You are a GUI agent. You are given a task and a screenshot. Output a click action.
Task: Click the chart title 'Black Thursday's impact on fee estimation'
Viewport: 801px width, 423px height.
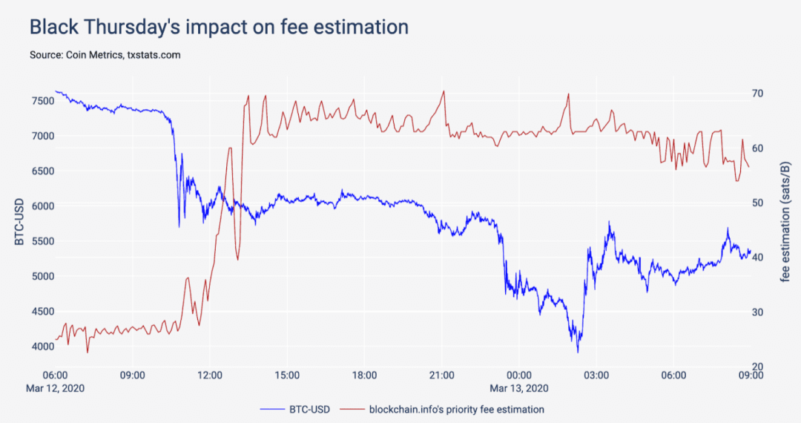click(219, 27)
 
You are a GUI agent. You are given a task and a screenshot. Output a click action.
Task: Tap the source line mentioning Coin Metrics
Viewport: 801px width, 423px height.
click(105, 55)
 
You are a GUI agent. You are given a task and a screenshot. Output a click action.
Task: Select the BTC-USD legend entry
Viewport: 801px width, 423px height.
click(294, 409)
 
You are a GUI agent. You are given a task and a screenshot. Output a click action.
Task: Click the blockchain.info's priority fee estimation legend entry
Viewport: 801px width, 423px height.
click(442, 409)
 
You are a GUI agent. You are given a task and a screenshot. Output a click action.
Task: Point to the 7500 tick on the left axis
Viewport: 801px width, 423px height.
click(43, 101)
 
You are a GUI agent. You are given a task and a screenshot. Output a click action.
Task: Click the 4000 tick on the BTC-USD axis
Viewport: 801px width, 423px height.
click(43, 347)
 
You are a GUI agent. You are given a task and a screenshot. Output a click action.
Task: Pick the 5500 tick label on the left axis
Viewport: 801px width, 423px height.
click(43, 241)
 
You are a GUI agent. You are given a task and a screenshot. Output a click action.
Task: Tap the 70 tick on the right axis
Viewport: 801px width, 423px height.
click(757, 94)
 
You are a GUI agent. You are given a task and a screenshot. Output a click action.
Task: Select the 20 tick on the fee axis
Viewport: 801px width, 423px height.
click(757, 367)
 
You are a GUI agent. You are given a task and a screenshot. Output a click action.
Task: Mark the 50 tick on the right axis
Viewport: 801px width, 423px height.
click(757, 203)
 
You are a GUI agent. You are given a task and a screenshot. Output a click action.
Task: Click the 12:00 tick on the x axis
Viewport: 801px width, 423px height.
click(209, 376)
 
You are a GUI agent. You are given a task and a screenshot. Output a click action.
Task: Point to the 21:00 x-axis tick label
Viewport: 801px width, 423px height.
click(441, 376)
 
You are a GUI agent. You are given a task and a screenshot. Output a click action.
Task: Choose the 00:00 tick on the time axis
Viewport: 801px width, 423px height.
click(519, 376)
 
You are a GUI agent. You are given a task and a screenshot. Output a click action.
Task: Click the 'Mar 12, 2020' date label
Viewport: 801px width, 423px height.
click(55, 388)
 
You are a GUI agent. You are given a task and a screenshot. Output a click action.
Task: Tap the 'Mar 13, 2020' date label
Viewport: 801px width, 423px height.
click(519, 388)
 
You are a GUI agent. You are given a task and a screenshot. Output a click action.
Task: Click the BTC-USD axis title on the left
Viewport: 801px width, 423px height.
click(19, 221)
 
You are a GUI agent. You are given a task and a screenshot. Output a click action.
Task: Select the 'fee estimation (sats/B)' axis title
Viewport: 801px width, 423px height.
click(785, 222)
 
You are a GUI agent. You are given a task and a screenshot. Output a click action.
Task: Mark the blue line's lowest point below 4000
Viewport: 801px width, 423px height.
click(578, 352)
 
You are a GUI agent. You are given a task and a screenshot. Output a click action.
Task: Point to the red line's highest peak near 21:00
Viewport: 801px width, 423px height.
click(444, 91)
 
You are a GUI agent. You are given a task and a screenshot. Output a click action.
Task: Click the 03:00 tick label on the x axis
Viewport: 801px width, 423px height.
click(596, 376)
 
